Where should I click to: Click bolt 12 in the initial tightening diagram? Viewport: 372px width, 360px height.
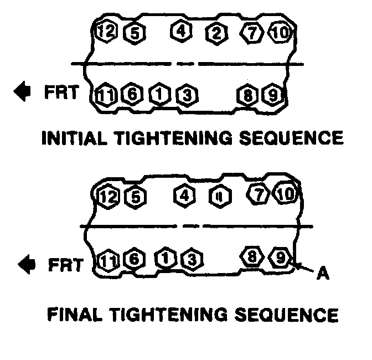tap(105, 32)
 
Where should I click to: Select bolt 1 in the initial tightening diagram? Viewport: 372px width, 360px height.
tap(159, 95)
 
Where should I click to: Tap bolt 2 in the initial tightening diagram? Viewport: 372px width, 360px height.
tap(215, 34)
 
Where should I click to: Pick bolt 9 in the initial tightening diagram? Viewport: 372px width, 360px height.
tap(271, 95)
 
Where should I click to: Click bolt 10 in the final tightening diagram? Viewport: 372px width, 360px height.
tap(285, 194)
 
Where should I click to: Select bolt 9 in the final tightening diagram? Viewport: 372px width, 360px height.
tap(280, 257)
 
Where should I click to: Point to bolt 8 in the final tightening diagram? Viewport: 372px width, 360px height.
tap(252, 256)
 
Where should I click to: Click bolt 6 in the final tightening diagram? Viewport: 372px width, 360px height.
tap(133, 259)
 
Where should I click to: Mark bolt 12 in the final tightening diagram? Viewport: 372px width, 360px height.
tap(107, 196)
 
